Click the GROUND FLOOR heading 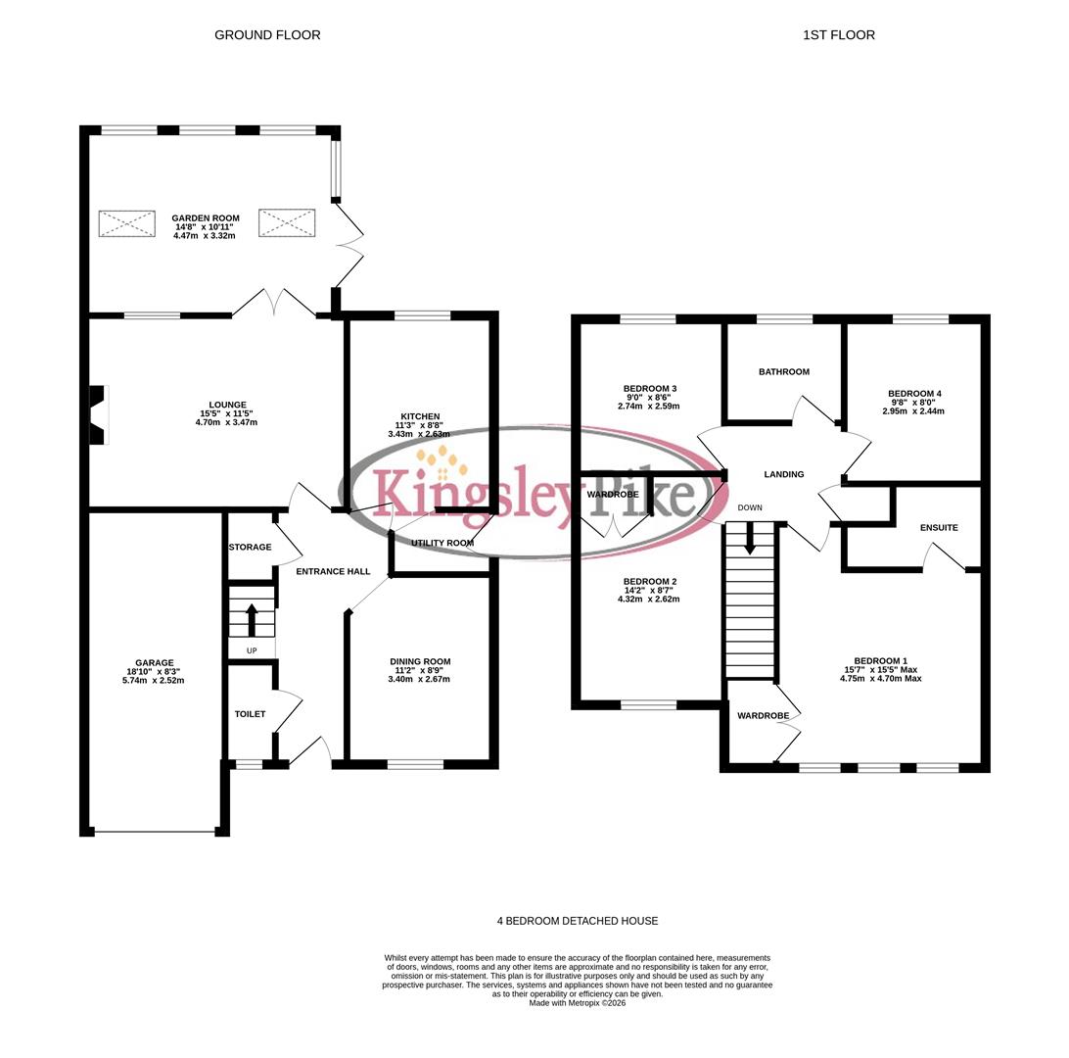click(267, 35)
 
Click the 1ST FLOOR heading click(838, 35)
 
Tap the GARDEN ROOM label click(205, 218)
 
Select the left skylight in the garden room click(126, 223)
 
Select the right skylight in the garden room click(287, 222)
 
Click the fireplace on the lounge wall click(97, 415)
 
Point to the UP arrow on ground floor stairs click(252, 621)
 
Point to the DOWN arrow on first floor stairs click(750, 538)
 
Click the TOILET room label click(250, 714)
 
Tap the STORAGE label click(250, 547)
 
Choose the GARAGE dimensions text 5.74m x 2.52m click(153, 680)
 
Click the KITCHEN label click(420, 416)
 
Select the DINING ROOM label click(420, 661)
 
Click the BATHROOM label click(784, 371)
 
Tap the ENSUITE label click(939, 528)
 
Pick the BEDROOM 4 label click(914, 394)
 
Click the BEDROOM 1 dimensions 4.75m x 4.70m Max click(880, 678)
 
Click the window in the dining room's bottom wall click(415, 764)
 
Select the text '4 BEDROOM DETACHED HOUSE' click(577, 921)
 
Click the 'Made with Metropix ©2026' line click(577, 1003)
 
